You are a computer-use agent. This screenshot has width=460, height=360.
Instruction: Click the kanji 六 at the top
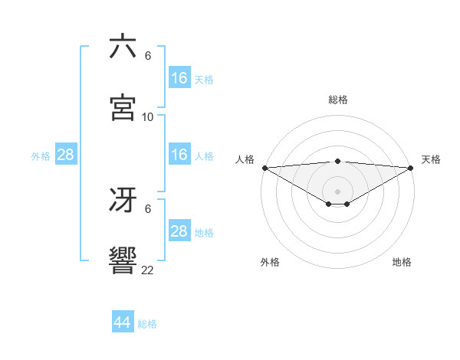pos(123,47)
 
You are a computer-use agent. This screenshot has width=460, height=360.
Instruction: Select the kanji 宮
pos(123,107)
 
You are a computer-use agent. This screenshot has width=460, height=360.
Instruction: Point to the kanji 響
pos(123,260)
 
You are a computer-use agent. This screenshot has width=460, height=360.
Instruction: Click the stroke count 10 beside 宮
pos(148,116)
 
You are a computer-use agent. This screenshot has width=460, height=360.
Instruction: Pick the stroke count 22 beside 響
pos(148,270)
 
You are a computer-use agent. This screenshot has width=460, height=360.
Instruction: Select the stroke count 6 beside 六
pos(148,56)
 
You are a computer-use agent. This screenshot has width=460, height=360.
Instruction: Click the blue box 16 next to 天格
pos(179,78)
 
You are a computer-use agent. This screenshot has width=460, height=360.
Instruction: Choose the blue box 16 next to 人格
pos(179,155)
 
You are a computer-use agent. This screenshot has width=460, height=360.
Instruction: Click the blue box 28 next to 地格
pos(179,231)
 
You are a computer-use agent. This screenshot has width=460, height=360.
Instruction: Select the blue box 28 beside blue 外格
pos(66,155)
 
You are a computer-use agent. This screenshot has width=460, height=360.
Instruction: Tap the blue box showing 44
pos(122,322)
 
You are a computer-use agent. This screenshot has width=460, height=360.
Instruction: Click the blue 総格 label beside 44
pos(147,324)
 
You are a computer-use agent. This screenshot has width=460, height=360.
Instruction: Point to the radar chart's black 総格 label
pos(338,100)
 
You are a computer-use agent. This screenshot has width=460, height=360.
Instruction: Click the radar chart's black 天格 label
pos(431,159)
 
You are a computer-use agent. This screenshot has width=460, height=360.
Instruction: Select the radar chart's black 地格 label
pos(402,262)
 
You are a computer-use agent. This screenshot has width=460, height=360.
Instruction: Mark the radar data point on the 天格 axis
pos(411,168)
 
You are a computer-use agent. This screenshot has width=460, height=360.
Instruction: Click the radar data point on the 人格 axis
pos(264,168)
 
